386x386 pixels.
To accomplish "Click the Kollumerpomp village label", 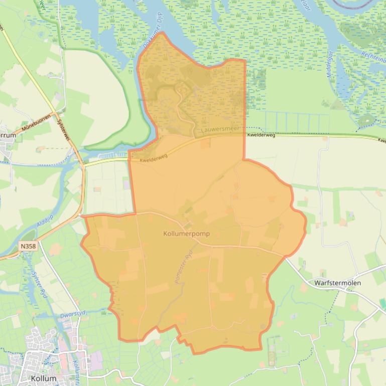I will [x=186, y=234].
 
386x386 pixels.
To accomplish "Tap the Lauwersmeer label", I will [x=218, y=129].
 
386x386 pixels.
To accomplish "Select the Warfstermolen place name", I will [x=337, y=283].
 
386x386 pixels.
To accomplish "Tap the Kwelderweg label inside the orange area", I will [x=154, y=157].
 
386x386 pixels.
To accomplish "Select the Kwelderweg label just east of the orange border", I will [x=261, y=135].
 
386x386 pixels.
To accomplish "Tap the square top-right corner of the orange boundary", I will [x=245, y=60].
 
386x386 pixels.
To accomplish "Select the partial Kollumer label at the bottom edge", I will [x=75, y=371].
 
